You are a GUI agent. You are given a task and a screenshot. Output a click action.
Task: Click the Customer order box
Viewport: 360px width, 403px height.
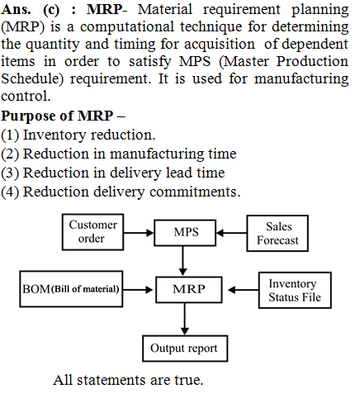[92, 232]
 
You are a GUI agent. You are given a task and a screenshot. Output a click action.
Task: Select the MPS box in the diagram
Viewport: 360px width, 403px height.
[185, 233]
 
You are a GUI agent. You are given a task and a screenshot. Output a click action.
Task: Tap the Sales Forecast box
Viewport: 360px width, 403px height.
[277, 234]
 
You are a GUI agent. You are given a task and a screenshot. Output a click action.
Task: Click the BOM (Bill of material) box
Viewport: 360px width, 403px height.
[71, 289]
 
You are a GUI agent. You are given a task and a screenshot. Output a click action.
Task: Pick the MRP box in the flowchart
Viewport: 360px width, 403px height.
[189, 290]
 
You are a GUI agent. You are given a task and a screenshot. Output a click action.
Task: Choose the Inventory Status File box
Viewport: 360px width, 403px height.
[295, 290]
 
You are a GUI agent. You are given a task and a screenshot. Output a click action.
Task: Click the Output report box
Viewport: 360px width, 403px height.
[185, 348]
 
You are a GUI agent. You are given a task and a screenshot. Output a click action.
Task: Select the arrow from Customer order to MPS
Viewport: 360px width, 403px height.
[139, 233]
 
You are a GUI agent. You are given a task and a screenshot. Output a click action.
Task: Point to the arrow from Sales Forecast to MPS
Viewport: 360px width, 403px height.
[231, 233]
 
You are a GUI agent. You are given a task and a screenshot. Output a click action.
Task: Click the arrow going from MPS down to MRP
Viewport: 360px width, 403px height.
[182, 260]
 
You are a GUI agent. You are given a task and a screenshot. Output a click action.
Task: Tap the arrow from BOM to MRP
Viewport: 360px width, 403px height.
[138, 290]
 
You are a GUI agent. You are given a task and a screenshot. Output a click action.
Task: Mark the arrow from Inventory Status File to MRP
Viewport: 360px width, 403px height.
[244, 290]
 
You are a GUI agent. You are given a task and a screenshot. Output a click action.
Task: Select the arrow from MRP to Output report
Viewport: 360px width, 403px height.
[185, 319]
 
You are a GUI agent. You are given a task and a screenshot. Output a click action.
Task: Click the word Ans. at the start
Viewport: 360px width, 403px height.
[16, 10]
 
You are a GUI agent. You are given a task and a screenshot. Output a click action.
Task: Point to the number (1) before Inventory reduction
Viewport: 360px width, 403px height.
[10, 135]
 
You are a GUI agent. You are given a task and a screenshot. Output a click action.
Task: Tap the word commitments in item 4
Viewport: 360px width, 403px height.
[195, 192]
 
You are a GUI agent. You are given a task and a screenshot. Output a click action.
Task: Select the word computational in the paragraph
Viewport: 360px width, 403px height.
[127, 27]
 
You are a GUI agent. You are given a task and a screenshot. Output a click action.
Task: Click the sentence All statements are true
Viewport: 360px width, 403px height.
[128, 380]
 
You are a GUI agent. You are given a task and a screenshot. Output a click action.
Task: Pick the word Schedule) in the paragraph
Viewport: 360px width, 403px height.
[32, 78]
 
